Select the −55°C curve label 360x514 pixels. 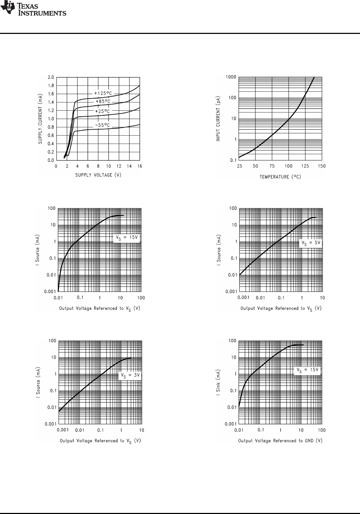[x=102, y=125]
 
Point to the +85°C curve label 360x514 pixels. [x=103, y=102]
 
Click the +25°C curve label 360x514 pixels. [x=102, y=111]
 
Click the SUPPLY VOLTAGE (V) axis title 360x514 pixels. [x=98, y=175]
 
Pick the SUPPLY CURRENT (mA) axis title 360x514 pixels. [x=41, y=119]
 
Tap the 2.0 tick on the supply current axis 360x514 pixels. [x=51, y=77]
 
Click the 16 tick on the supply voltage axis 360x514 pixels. [x=140, y=166]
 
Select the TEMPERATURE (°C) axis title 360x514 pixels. [x=280, y=177]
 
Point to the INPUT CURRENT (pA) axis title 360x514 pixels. [x=218, y=119]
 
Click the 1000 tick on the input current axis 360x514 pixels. [x=231, y=77]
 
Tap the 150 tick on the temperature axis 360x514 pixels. [x=322, y=166]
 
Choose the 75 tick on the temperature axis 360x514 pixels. [x=272, y=166]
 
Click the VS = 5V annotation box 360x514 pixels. [x=311, y=243]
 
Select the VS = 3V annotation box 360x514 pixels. [x=130, y=376]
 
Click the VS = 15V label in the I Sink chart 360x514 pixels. [x=307, y=370]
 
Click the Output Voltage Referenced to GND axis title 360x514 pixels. [x=280, y=441]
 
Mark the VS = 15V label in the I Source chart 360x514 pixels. [x=126, y=238]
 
